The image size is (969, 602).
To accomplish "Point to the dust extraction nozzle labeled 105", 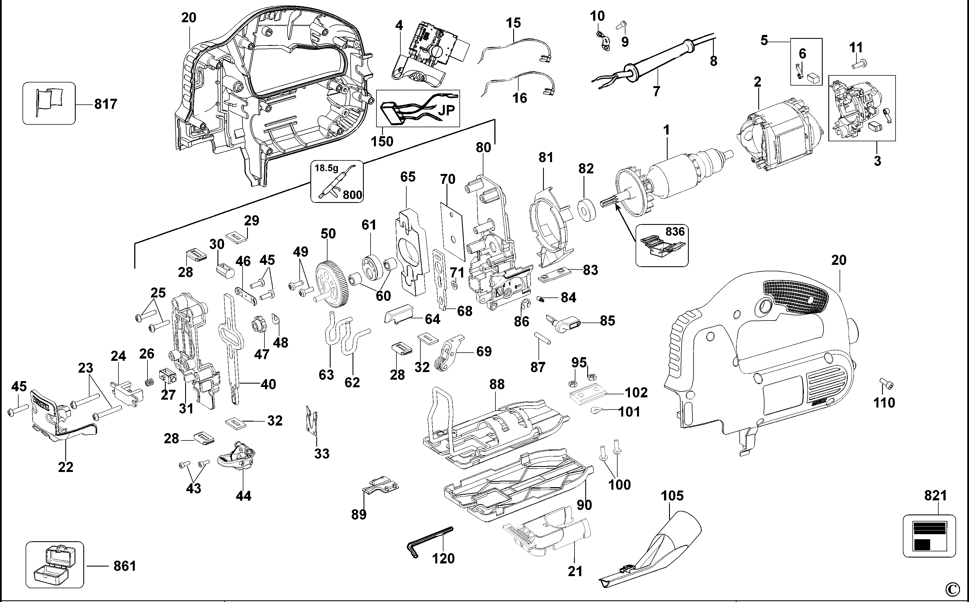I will coord(657,553).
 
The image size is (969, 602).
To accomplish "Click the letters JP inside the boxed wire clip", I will coord(446,110).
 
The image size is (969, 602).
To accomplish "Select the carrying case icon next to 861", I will coord(55,564).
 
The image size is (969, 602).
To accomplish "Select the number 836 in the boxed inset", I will coord(675,231).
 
